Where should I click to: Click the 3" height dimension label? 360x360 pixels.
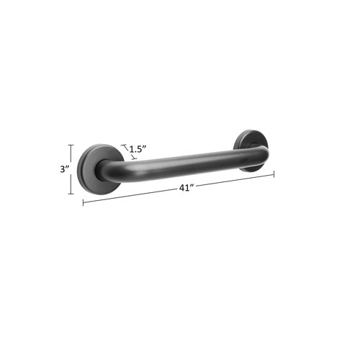click(66, 169)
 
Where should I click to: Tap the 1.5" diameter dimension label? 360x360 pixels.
click(138, 148)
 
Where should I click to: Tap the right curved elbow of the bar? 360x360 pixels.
click(260, 153)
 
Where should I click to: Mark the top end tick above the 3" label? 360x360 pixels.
click(71, 145)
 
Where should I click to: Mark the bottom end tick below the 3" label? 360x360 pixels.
click(71, 194)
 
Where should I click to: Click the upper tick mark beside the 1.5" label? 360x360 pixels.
click(123, 145)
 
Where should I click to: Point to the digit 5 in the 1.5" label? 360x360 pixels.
click(141, 148)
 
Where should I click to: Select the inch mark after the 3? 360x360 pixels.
click(68, 167)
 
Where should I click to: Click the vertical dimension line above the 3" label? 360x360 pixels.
click(71, 154)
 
